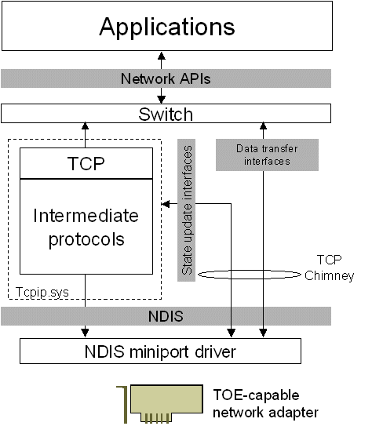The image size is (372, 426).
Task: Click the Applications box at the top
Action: click(x=166, y=27)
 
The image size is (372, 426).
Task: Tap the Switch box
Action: click(x=166, y=114)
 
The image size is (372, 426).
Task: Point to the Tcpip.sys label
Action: click(x=44, y=293)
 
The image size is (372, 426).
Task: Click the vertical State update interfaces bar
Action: click(x=188, y=209)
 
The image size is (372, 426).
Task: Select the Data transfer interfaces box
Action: click(x=263, y=154)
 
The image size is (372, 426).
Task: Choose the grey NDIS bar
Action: click(x=166, y=316)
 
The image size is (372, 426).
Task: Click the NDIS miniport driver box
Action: click(x=160, y=351)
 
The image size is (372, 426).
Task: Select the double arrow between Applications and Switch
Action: click(x=160, y=78)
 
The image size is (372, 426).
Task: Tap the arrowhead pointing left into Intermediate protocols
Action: click(x=164, y=205)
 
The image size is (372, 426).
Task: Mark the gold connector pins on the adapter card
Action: click(x=160, y=415)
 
